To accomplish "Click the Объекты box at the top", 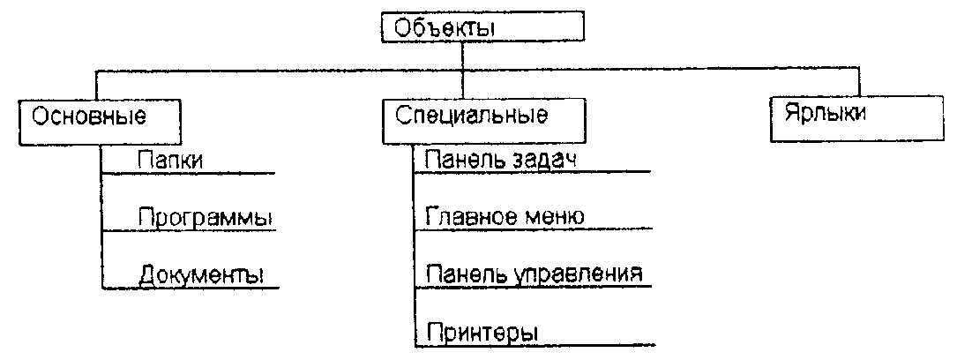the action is [482, 26].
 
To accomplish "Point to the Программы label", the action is [204, 218].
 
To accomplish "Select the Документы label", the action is [201, 274].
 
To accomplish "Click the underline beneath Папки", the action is [190, 173].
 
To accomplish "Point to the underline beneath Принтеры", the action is [534, 344].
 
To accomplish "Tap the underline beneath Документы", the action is [190, 288].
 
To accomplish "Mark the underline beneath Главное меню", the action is [534, 229].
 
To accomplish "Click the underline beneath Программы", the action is [190, 231].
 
